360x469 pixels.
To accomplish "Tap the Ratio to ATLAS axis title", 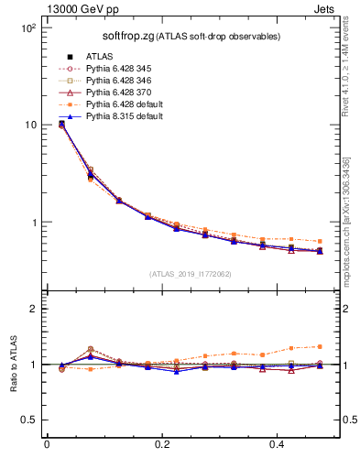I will click(x=13, y=365).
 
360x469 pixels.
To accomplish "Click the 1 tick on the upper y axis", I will click(x=32, y=223).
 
